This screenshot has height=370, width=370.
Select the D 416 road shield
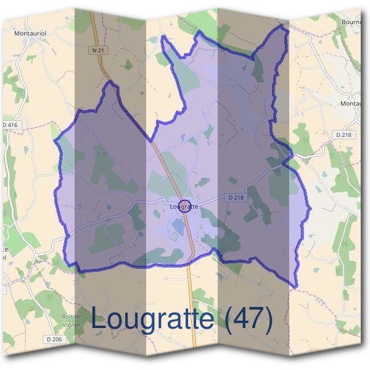10,125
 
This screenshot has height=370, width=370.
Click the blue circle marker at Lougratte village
184,205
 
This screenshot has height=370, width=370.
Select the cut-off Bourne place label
353,22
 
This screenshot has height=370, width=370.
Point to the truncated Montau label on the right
353,104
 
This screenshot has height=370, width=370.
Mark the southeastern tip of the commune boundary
297,287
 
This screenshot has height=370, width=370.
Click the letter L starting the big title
99,319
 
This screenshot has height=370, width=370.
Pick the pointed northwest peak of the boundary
112,83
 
